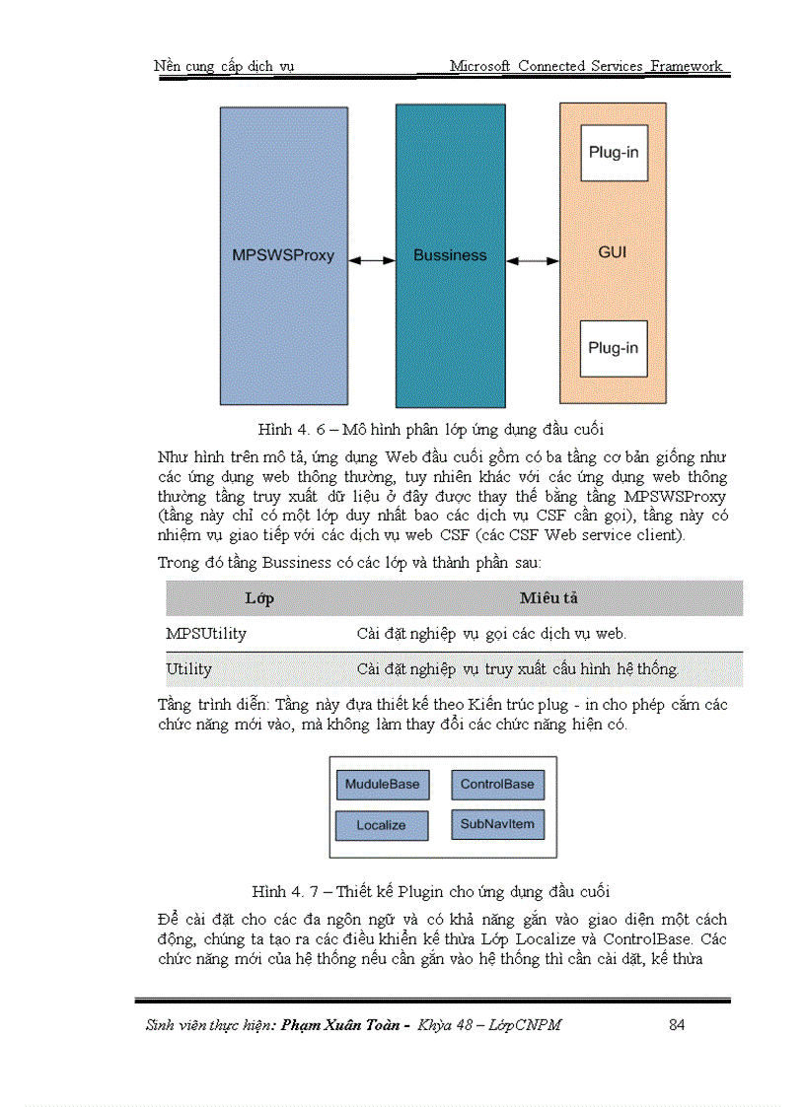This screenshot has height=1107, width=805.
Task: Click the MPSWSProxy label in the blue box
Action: point(283,255)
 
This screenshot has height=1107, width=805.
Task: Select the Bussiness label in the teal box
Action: point(450,255)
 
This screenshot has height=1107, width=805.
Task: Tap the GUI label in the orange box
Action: point(613,252)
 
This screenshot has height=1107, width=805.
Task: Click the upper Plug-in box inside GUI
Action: point(614,153)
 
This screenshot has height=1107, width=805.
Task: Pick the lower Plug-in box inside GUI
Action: point(614,348)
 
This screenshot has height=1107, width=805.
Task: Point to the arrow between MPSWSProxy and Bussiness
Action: point(372,260)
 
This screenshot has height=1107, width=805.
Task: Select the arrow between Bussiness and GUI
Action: point(533,261)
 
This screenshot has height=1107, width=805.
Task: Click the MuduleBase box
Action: point(382,785)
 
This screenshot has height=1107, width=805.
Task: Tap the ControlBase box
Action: point(497,785)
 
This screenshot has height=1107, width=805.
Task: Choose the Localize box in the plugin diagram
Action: point(382,825)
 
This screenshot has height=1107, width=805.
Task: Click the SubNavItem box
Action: point(497,824)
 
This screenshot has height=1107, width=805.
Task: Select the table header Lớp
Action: point(259,598)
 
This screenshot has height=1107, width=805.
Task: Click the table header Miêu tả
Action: point(549,598)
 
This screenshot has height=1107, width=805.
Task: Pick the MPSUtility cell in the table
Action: point(206,633)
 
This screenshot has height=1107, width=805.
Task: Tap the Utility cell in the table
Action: point(188,669)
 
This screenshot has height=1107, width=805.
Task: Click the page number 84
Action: point(677,1025)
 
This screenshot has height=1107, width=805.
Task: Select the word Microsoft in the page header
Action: point(480,66)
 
